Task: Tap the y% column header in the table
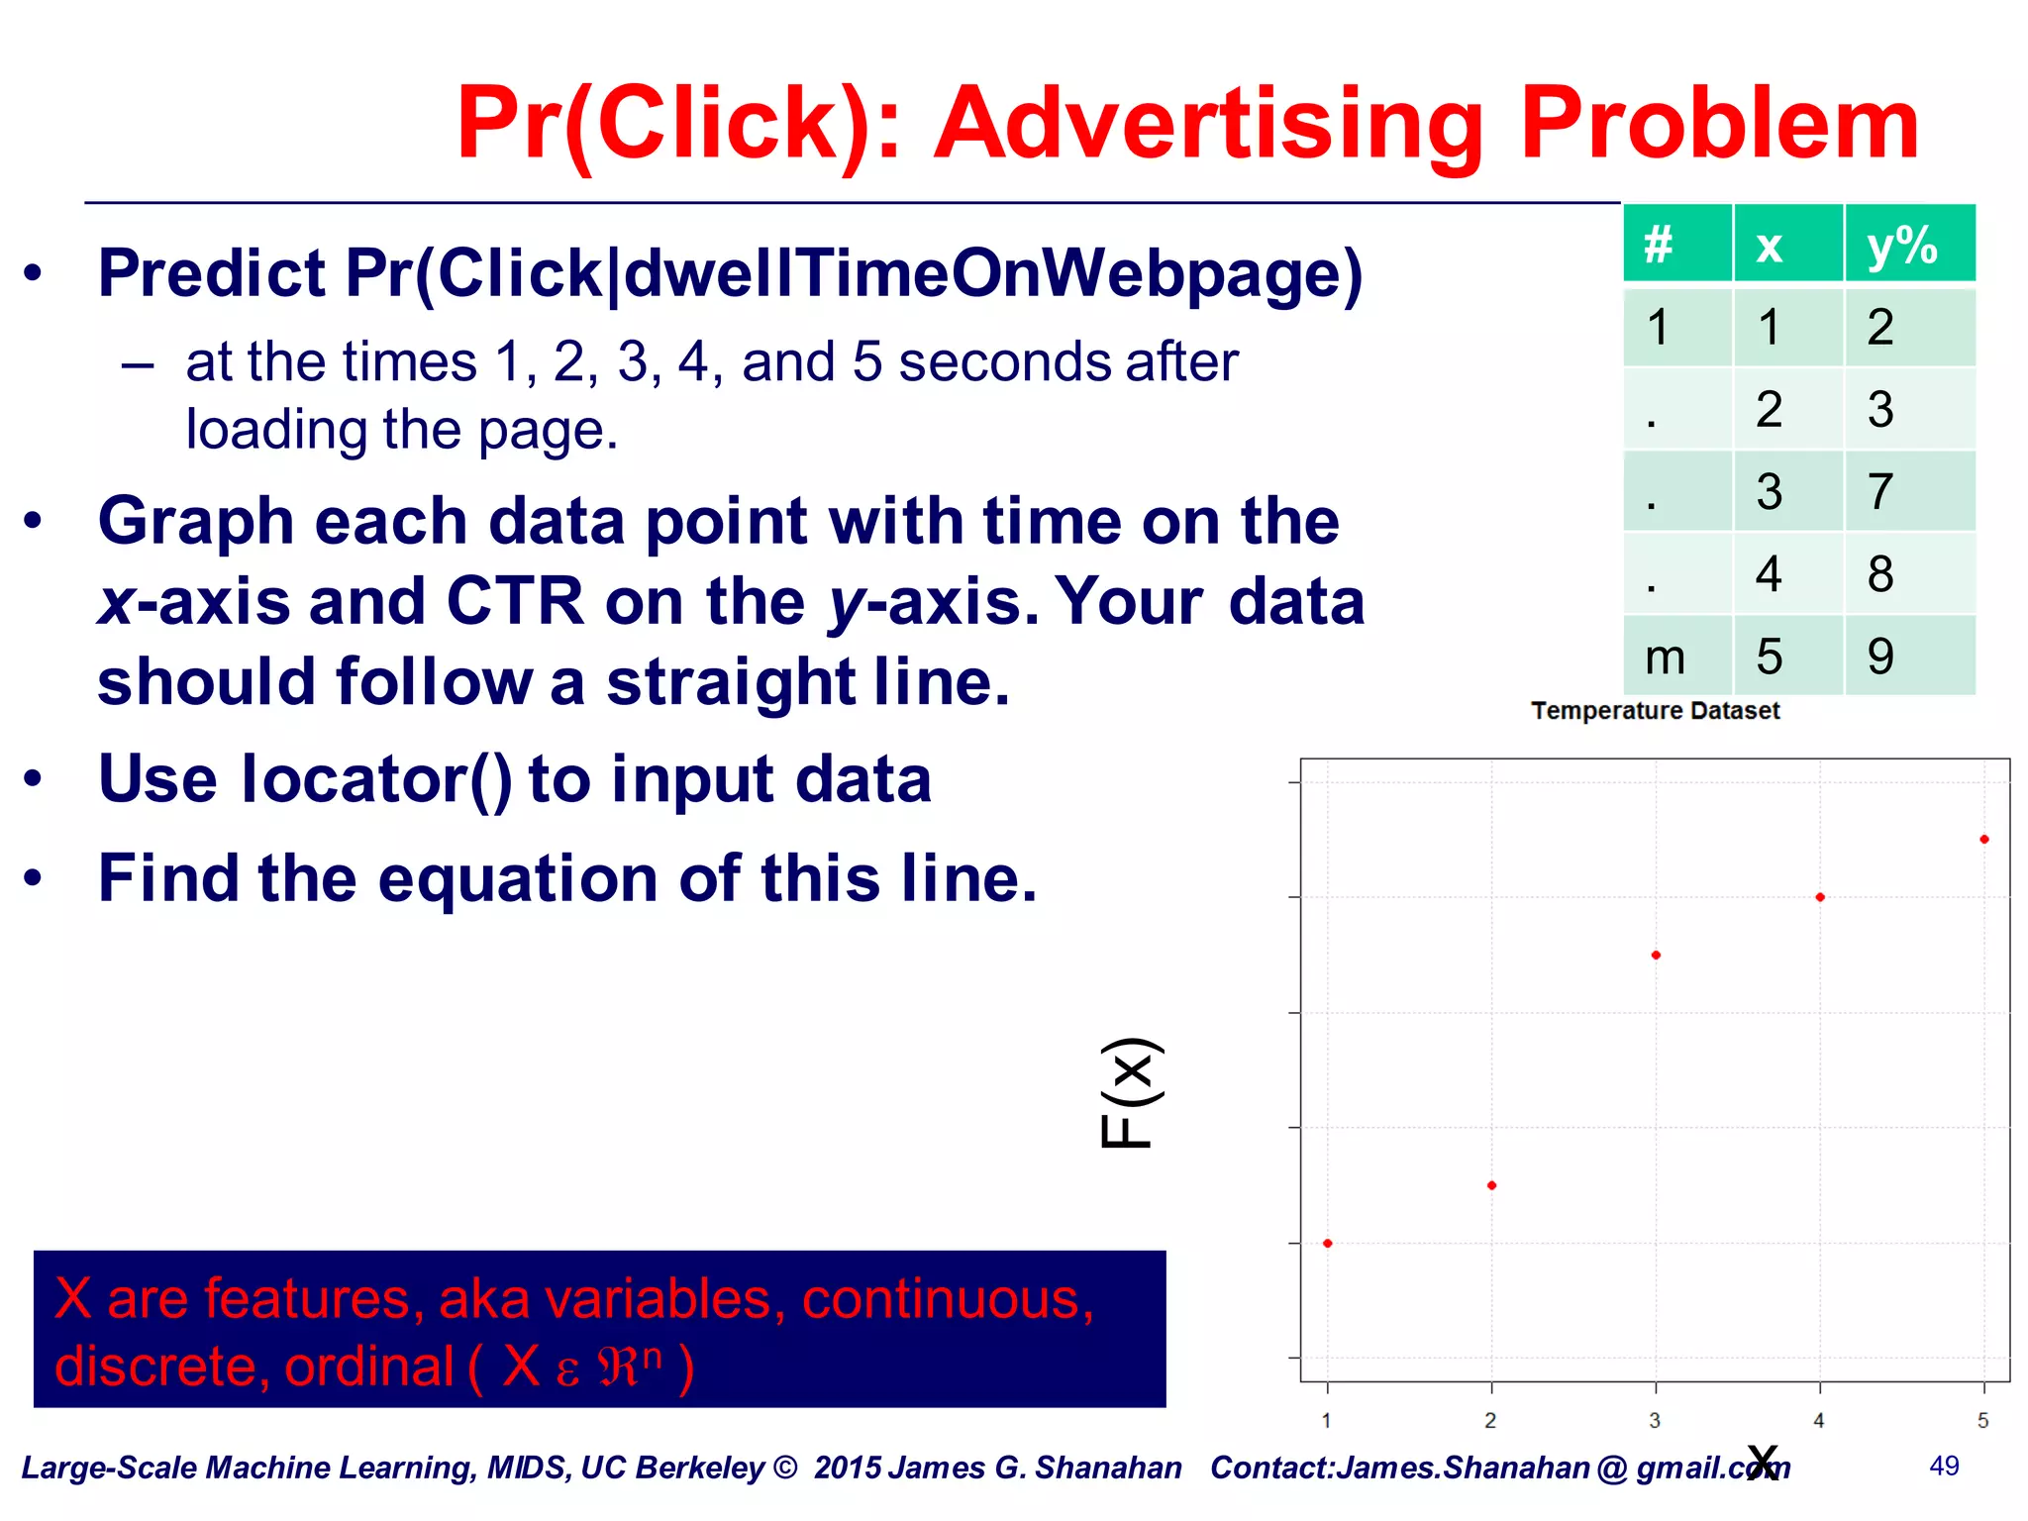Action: pos(1901,246)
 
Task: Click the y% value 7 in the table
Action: pos(1879,491)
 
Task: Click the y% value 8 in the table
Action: pos(1879,574)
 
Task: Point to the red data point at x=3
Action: pos(1656,956)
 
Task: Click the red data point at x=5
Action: pos(1983,840)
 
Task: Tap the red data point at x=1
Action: pos(1328,1244)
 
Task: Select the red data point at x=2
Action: pos(1491,1185)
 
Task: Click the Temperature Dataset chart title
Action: pos(1655,711)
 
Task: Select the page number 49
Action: pos(1944,1467)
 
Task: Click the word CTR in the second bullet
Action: pos(515,601)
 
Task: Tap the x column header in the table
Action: pos(1769,246)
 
